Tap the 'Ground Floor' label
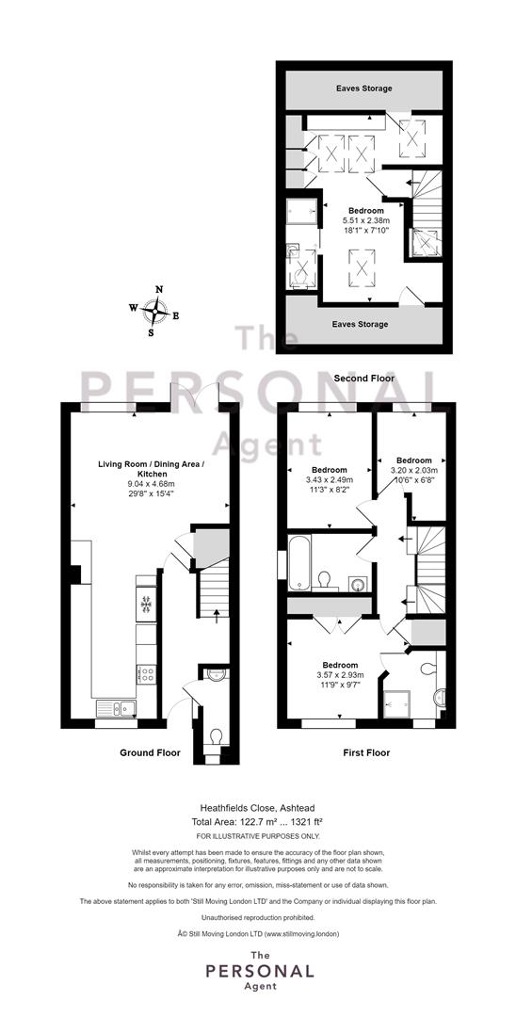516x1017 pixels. pos(150,753)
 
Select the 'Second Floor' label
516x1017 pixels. pos(364,379)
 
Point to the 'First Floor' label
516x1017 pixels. pos(366,753)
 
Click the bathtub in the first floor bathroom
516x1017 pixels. pos(299,562)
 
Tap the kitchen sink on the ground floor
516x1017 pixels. pos(116,709)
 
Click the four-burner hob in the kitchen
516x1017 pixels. pos(146,674)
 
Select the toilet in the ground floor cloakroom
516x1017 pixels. pos(216,737)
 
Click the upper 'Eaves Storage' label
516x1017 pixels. pos(363,89)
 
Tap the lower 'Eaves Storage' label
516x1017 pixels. pos(360,324)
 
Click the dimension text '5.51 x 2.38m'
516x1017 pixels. pos(365,220)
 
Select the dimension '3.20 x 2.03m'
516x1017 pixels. pos(414,470)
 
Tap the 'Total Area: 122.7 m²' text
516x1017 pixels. pos(234,821)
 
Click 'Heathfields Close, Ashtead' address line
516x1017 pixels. pos(258,808)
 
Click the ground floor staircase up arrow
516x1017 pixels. pos(217,611)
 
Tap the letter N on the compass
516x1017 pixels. pos(159,290)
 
